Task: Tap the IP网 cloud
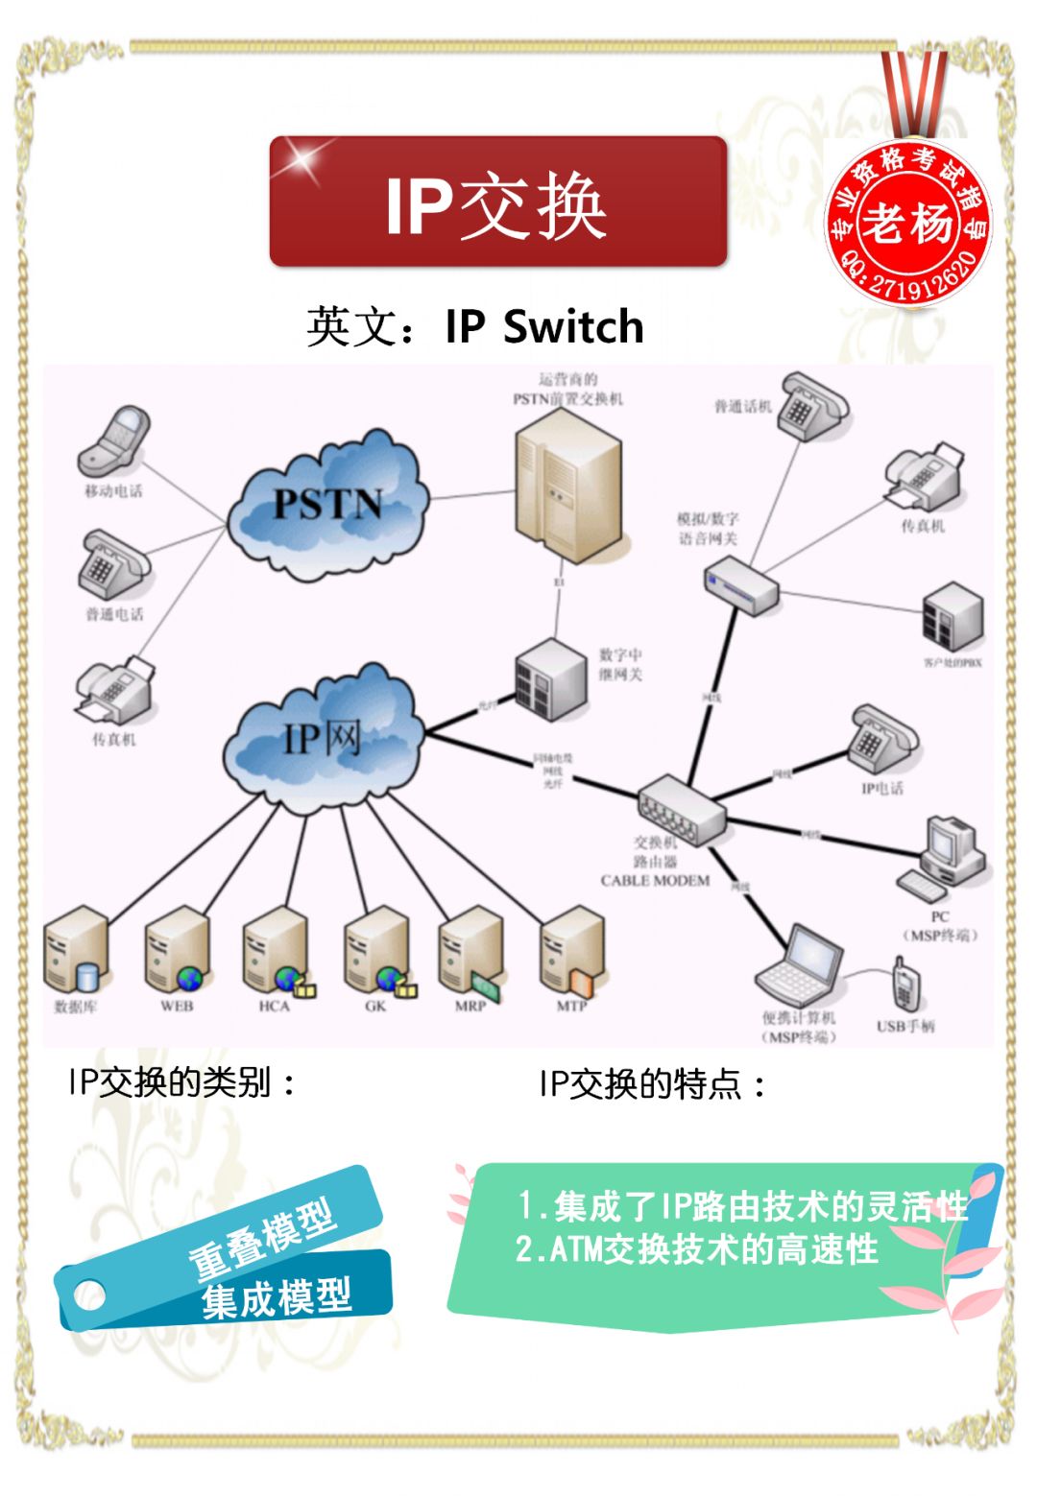click(323, 739)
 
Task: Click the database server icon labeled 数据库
click(76, 950)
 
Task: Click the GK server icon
click(378, 952)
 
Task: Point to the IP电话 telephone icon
click(880, 739)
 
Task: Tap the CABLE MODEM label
click(655, 880)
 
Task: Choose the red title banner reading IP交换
click(497, 202)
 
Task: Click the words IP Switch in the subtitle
click(544, 326)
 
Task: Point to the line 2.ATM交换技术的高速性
click(696, 1249)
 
